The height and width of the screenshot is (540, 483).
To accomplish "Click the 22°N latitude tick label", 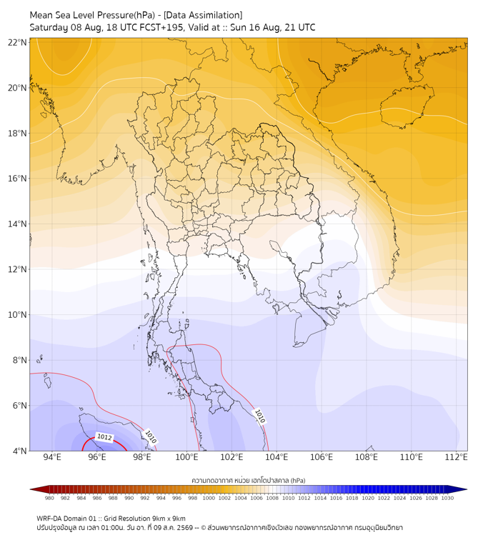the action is [17, 42].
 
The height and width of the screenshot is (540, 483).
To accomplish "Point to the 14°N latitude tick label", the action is [17, 224].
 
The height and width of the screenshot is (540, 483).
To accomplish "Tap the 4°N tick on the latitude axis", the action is [19, 451].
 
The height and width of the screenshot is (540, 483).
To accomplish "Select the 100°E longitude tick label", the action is [186, 457].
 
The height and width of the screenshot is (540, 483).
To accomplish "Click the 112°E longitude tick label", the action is [456, 457].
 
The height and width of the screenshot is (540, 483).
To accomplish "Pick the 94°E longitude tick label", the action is [52, 457].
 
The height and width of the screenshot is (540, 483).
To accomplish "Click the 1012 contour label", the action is [104, 437].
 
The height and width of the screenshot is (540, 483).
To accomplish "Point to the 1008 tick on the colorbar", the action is [272, 498].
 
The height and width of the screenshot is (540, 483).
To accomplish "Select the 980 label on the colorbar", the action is [49, 498].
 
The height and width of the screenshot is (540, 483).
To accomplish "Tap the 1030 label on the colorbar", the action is [447, 498].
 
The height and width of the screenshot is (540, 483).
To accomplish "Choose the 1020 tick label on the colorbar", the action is [368, 498].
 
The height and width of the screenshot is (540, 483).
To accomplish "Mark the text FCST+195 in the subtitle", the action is [161, 28].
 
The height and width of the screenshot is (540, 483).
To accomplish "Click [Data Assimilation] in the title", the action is [203, 16].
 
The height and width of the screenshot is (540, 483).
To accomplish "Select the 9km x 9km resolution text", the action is [168, 519].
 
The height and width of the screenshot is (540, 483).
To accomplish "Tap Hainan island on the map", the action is [407, 106].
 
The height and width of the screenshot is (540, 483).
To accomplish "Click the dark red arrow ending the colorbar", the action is [38, 489].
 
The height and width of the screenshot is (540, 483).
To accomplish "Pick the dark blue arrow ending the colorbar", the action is [459, 489].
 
